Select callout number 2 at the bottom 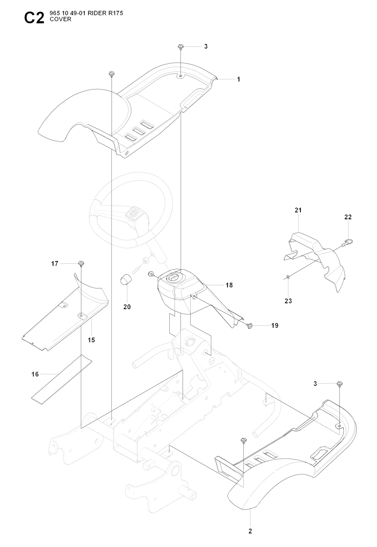[250, 531]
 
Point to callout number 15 [91, 340]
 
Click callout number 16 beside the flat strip [35, 374]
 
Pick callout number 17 [54, 264]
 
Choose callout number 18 [229, 285]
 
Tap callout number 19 [275, 326]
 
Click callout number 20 [127, 307]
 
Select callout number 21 [298, 210]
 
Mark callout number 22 [348, 217]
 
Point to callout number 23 [288, 301]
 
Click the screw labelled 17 [81, 263]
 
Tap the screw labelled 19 [250, 325]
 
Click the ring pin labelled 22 [346, 242]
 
